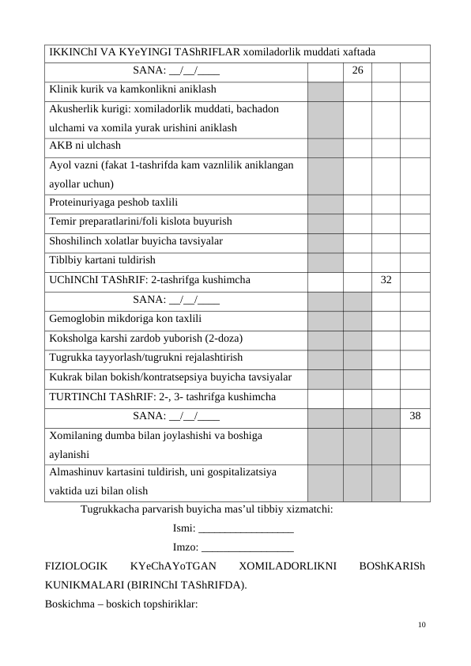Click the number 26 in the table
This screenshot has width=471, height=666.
357,71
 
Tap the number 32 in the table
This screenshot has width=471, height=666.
386,279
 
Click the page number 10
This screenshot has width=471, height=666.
421,625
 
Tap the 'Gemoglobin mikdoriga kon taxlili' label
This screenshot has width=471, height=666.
125,319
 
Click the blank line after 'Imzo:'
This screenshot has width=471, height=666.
248,547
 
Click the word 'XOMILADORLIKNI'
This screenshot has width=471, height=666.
288,567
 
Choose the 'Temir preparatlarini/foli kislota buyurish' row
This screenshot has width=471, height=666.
141,221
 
